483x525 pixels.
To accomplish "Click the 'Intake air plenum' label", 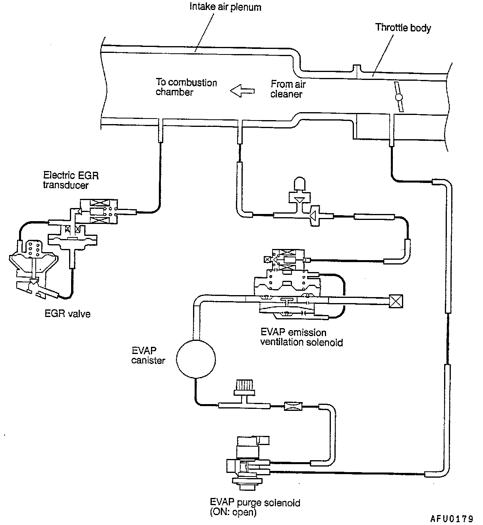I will [x=225, y=7].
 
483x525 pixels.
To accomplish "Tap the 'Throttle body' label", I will [x=403, y=27].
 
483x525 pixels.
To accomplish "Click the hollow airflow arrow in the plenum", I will [x=242, y=91].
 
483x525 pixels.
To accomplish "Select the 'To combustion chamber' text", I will [x=186, y=87].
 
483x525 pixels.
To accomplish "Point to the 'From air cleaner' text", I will [x=288, y=89].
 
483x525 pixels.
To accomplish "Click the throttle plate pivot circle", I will [x=399, y=97].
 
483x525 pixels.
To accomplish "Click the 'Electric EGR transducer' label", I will [x=71, y=180].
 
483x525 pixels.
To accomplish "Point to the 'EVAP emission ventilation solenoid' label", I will [x=301, y=337].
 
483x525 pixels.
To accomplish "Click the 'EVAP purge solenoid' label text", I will [x=255, y=503].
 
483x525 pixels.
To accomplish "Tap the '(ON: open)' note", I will [x=233, y=512].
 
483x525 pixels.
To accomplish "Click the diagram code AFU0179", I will [x=452, y=519].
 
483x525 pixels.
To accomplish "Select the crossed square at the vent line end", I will [x=396, y=301].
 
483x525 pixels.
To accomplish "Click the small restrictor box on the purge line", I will [x=294, y=406].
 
